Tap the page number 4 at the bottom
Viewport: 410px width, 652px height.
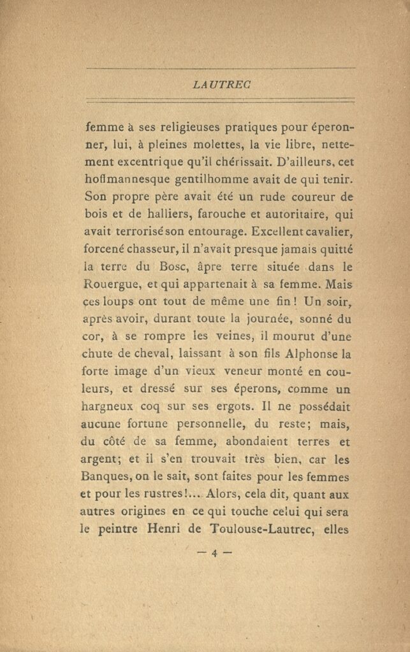point(214,553)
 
